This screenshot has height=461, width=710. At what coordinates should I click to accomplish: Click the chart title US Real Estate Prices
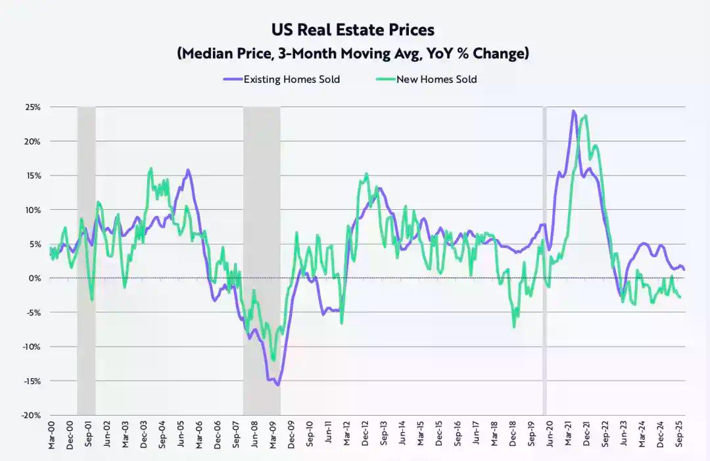coord(352,30)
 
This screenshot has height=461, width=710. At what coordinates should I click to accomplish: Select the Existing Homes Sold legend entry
coord(282,79)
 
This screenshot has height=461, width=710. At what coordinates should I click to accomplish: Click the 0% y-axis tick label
coord(35,278)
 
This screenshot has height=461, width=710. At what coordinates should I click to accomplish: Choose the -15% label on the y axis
coord(31,381)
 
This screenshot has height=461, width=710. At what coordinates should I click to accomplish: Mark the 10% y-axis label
coord(32,210)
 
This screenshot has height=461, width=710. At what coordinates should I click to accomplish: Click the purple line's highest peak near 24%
coord(573,111)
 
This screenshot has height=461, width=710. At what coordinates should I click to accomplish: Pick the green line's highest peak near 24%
coord(585,116)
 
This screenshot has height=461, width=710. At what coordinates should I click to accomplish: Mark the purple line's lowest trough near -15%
coord(278,385)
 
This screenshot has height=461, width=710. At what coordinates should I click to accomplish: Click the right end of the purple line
coord(684,270)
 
